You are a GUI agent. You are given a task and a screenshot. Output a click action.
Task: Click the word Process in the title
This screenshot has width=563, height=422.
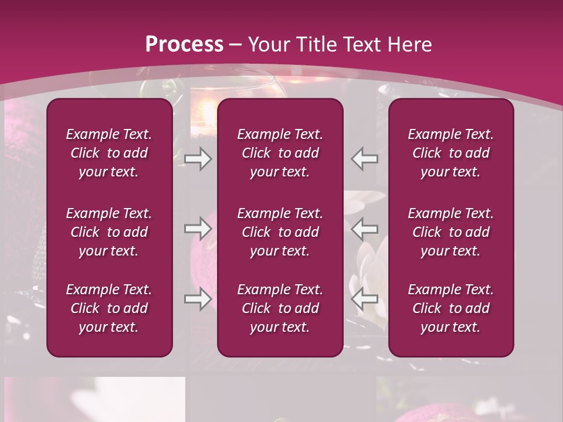[x=184, y=45]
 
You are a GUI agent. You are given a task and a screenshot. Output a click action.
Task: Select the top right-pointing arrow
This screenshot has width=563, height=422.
[x=198, y=159]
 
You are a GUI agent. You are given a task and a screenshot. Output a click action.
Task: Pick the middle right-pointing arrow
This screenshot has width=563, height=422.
[x=198, y=229]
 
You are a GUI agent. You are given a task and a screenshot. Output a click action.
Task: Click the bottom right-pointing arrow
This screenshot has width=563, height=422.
[x=198, y=299]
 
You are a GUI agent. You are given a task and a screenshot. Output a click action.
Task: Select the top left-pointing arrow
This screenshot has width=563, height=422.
[x=365, y=159]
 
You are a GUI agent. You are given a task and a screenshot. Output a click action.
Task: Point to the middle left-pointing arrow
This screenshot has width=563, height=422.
[x=365, y=228]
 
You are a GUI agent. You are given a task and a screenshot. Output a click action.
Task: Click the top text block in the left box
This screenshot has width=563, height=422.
[x=109, y=153]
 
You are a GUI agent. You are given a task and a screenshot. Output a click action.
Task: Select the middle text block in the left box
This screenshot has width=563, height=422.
[x=109, y=232]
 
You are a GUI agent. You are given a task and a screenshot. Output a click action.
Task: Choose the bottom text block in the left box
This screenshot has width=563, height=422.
[x=109, y=308]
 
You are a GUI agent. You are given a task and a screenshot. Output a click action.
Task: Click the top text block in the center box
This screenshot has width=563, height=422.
[x=280, y=153]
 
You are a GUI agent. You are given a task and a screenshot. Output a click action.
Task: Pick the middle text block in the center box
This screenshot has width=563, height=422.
[x=280, y=232]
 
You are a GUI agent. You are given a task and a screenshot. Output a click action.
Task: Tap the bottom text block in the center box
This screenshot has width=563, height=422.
[x=280, y=308]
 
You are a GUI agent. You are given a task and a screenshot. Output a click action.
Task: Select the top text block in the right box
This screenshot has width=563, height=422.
[x=450, y=153]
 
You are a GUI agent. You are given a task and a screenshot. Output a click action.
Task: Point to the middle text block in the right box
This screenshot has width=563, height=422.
[x=450, y=232]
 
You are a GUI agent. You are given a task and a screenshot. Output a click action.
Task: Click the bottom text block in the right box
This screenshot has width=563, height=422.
[x=450, y=308]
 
